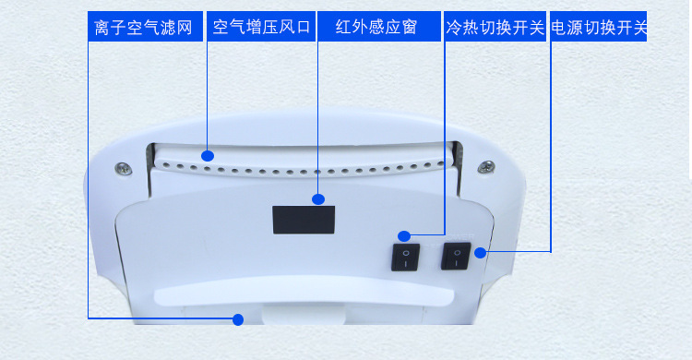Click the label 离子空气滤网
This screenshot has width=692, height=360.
[143, 28]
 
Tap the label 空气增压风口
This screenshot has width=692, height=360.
[261, 28]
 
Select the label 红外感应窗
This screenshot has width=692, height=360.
[376, 28]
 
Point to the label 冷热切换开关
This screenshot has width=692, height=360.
[495, 28]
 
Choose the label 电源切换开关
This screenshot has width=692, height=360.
[599, 28]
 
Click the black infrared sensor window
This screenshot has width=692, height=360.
[304, 220]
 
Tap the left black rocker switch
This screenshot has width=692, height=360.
[406, 258]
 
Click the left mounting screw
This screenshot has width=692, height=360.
[123, 168]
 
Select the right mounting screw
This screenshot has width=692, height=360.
[486, 167]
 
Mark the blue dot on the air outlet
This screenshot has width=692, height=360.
[208, 155]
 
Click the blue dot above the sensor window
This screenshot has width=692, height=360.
[317, 199]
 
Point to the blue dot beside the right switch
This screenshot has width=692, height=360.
[480, 253]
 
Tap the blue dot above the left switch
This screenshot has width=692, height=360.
[404, 236]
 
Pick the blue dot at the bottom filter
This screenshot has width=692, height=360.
[238, 319]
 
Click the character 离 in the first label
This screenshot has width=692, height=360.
[101, 28]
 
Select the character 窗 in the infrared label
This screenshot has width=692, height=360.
[409, 28]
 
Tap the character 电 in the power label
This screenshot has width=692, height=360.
[559, 28]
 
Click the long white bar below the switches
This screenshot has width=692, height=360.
[304, 293]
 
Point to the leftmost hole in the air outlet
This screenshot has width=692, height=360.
[166, 166]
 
